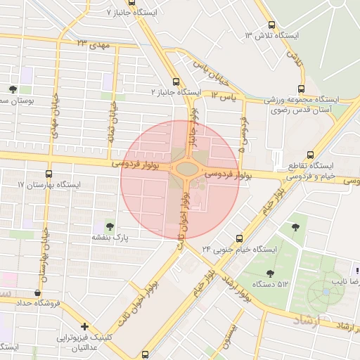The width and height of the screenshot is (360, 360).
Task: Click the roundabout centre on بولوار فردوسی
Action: click(x=186, y=169)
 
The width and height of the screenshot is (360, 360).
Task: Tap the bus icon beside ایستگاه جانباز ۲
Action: click(x=175, y=82)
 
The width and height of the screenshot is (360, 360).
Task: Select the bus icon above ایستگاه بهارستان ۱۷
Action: click(x=49, y=173)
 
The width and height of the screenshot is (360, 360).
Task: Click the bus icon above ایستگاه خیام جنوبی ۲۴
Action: click(x=240, y=238)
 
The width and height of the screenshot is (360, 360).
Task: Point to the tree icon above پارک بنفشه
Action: click(x=110, y=226)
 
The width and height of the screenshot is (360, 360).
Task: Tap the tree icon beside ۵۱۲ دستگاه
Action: click(x=270, y=273)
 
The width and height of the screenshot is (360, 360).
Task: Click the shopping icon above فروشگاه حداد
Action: click(x=37, y=292)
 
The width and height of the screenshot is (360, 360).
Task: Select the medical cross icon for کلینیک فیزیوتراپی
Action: click(x=84, y=326)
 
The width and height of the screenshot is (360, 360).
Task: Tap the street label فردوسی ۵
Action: click(x=242, y=134)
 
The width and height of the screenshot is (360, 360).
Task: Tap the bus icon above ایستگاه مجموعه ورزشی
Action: click(x=301, y=89)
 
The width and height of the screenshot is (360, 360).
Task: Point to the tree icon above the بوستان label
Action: click(x=13, y=89)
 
